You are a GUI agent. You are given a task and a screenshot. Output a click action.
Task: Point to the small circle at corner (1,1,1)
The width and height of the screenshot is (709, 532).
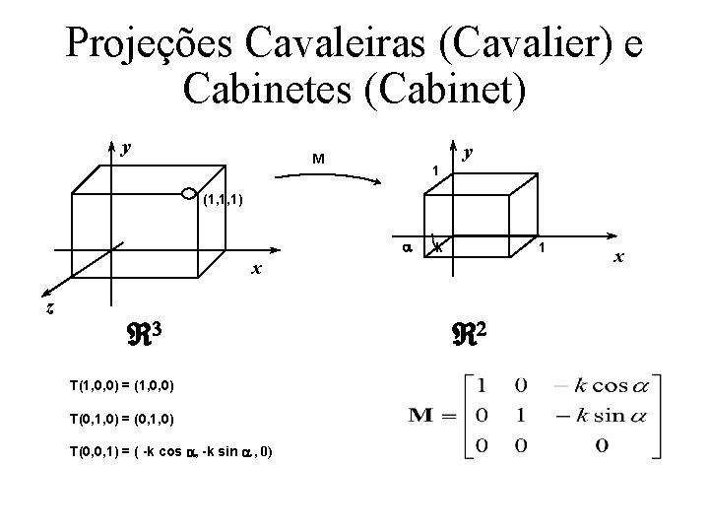pos(187,191)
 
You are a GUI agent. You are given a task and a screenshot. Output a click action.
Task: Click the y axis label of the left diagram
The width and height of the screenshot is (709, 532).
pos(125,149)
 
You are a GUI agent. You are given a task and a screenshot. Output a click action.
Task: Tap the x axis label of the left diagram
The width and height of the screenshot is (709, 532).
pos(254,269)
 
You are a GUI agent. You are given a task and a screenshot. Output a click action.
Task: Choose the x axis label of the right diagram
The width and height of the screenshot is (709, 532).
pos(618,257)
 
